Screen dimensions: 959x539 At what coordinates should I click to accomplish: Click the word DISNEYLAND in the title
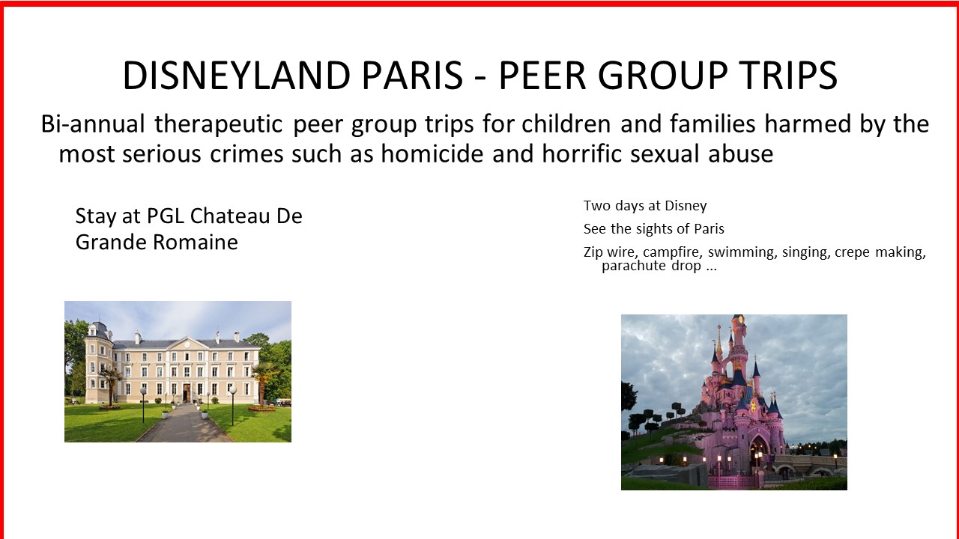pyautogui.click(x=237, y=76)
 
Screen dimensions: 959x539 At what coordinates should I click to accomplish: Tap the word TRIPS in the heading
pyautogui.click(x=788, y=76)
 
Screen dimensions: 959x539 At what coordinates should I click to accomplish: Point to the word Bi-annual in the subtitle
pyautogui.click(x=93, y=124)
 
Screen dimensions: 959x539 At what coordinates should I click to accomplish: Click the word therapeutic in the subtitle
pyautogui.click(x=218, y=125)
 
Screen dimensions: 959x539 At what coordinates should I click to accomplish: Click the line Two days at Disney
pyautogui.click(x=645, y=206)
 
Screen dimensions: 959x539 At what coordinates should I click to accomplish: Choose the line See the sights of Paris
pyautogui.click(x=654, y=229)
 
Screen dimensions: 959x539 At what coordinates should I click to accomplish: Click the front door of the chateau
pyautogui.click(x=187, y=393)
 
